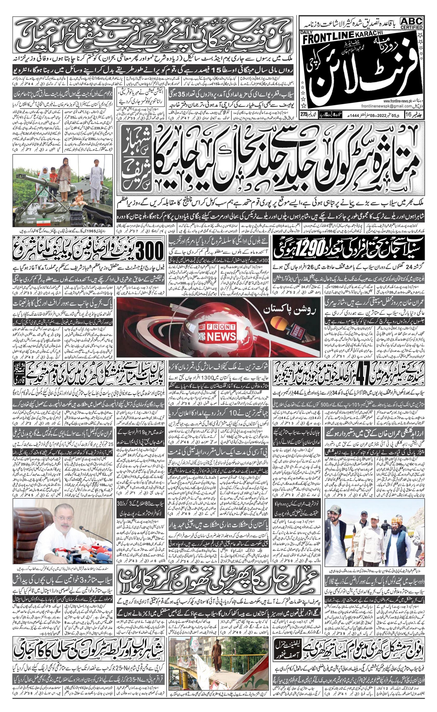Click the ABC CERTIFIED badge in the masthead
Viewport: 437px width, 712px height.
coord(411,23)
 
